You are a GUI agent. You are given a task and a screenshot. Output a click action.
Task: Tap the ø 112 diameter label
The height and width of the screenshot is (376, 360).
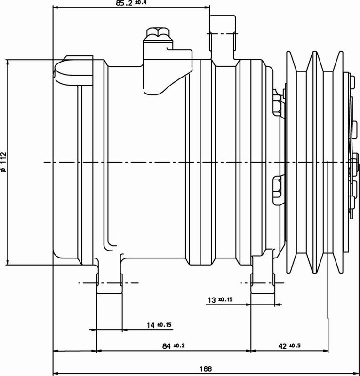[x=4, y=162]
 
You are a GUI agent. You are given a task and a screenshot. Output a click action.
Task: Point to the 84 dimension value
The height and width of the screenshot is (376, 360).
[x=166, y=346]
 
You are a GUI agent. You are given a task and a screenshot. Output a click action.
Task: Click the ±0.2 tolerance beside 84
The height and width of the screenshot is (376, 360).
[x=180, y=346]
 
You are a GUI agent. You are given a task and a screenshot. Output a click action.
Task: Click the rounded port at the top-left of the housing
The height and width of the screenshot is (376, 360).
[x=66, y=70]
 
